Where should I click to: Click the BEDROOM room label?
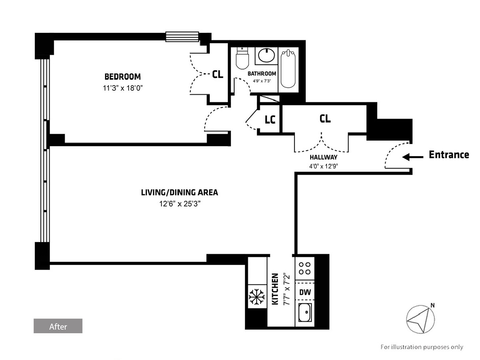122,77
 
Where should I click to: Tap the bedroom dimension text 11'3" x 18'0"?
123,88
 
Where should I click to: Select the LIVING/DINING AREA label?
179,193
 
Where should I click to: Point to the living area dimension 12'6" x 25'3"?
180,204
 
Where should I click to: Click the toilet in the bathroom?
242,58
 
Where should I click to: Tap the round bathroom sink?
267,55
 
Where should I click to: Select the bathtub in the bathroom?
288,69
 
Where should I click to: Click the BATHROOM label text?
262,74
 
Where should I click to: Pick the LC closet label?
270,119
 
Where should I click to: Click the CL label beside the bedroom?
217,75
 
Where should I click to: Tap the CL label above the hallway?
325,119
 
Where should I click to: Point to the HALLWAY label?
323,157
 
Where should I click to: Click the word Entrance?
449,155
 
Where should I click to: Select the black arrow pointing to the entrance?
412,157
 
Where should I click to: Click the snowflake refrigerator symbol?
257,296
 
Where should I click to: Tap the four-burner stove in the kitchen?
305,268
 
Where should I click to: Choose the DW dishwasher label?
305,292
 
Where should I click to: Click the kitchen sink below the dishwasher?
305,312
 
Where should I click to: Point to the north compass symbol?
420,319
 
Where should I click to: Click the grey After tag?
58,326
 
